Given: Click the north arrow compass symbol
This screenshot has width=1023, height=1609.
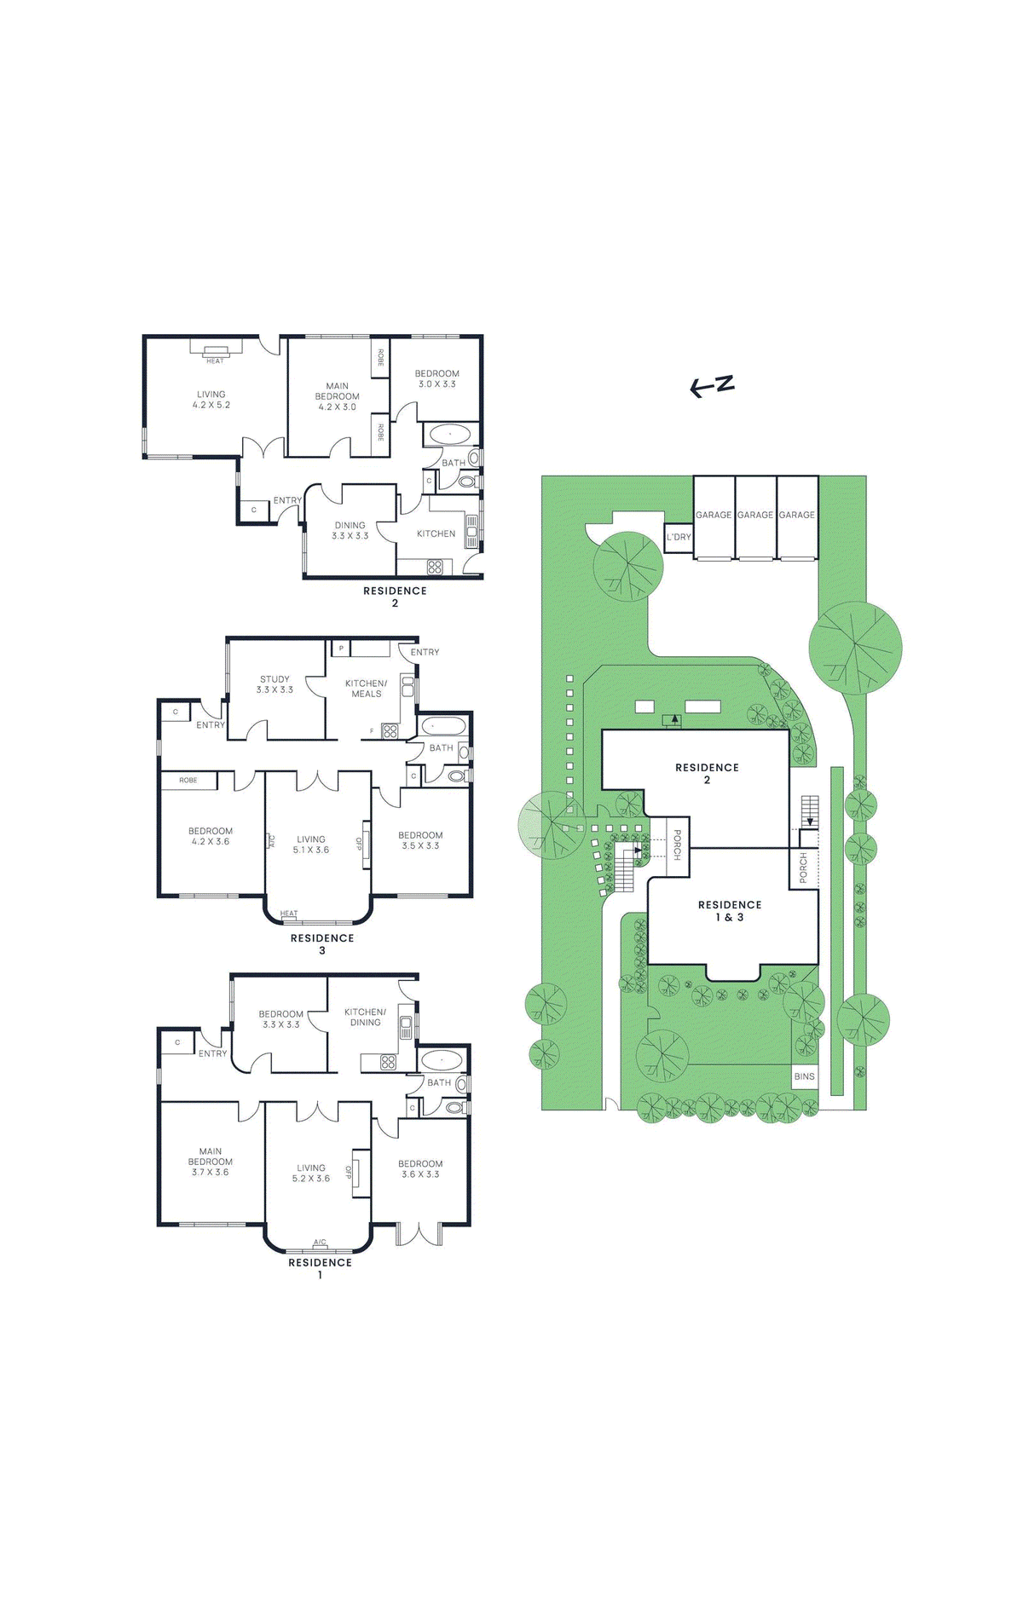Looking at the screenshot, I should [x=712, y=386].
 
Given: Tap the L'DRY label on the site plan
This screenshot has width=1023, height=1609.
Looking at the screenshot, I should [x=679, y=537].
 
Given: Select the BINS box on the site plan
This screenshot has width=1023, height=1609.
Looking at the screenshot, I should [x=804, y=1076].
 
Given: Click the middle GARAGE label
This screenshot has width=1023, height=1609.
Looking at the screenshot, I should [x=755, y=515].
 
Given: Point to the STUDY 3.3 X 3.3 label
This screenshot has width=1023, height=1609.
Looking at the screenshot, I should [x=275, y=684].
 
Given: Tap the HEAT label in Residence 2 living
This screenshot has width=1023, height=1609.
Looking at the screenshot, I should [x=215, y=360].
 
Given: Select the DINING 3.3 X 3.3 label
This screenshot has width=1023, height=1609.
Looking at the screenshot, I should [x=350, y=530].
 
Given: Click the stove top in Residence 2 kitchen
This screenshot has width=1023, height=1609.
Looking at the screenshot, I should [x=435, y=566].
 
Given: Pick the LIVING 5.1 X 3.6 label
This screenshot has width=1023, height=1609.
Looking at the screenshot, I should [x=310, y=844].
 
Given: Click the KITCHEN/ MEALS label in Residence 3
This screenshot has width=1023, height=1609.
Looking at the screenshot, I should [x=366, y=689].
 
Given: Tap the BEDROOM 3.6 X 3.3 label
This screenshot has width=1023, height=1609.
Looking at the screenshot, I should [x=420, y=1168].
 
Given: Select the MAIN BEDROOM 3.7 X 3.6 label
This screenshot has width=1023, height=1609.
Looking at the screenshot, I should [x=210, y=1162].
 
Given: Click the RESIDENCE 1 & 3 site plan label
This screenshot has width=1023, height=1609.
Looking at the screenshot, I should [x=730, y=911].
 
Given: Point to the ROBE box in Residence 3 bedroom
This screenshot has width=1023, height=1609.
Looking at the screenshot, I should [x=188, y=780].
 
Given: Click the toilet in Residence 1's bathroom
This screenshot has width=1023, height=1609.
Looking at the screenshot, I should [x=455, y=1108].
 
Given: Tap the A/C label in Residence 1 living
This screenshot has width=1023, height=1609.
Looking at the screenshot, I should [x=320, y=1242].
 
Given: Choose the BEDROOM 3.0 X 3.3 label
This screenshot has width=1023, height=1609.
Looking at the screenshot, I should [x=436, y=378].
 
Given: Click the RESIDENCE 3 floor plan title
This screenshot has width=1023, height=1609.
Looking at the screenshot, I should [x=321, y=943].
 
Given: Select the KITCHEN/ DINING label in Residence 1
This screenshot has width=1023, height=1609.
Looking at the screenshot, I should [x=365, y=1017].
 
